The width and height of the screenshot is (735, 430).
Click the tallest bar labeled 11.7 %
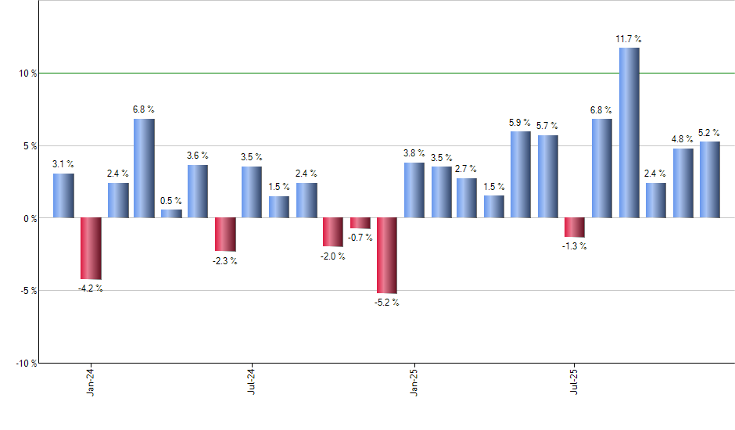coord(629,133)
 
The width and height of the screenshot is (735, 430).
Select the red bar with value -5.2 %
coord(387,256)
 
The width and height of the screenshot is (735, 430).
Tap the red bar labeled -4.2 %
coord(91,249)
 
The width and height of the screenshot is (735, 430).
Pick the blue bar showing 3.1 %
coord(63,195)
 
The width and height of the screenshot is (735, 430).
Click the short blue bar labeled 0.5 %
coord(171,213)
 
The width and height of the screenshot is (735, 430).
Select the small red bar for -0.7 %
coord(360,223)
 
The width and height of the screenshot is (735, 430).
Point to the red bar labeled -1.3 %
coord(575,228)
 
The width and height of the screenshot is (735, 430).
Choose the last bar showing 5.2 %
coord(709,180)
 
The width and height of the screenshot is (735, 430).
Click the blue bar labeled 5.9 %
coord(521,174)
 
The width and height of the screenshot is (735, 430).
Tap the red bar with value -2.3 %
coord(225,235)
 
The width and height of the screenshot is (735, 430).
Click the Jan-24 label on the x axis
coord(91,380)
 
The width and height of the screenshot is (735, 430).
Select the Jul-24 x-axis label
coord(252,380)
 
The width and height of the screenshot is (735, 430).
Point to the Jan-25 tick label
coord(414,380)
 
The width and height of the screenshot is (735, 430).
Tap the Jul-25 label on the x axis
coord(575,380)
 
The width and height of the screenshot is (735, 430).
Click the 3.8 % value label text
coord(414,153)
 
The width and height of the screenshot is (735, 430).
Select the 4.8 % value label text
coord(683,139)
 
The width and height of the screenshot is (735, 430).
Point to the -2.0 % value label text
coord(333,257)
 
